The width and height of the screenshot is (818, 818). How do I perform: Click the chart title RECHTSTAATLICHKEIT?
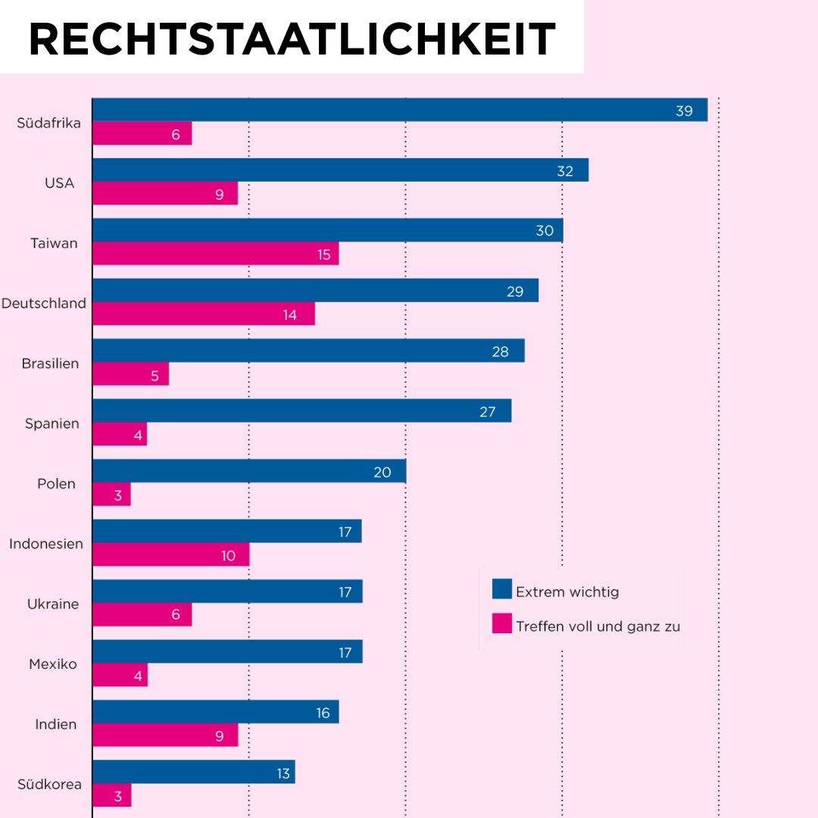[292, 39]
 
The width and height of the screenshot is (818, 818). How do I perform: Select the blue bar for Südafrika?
[399, 110]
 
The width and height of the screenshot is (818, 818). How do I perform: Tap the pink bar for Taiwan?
[215, 254]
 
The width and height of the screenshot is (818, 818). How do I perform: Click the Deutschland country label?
[44, 303]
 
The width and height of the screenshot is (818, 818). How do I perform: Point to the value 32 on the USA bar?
[565, 171]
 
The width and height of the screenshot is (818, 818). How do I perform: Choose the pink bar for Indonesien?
[170, 554]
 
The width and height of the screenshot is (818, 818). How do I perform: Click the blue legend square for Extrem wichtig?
[501, 589]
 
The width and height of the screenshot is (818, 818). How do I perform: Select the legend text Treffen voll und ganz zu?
[598, 626]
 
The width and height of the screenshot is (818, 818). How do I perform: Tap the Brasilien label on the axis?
[50, 364]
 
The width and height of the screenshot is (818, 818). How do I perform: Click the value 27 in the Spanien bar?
[487, 412]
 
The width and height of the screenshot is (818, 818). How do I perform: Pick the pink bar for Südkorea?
[111, 795]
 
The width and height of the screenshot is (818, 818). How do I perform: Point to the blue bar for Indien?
[215, 712]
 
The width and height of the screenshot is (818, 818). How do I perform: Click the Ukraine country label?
[53, 604]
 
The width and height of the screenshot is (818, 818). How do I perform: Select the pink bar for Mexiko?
[120, 675]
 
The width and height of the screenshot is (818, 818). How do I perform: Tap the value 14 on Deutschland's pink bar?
[290, 314]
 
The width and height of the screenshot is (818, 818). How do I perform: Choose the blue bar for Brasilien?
[308, 351]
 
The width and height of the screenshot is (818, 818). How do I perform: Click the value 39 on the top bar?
[684, 111]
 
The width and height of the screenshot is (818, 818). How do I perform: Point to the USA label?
[60, 183]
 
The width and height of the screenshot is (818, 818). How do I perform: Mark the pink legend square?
[501, 623]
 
